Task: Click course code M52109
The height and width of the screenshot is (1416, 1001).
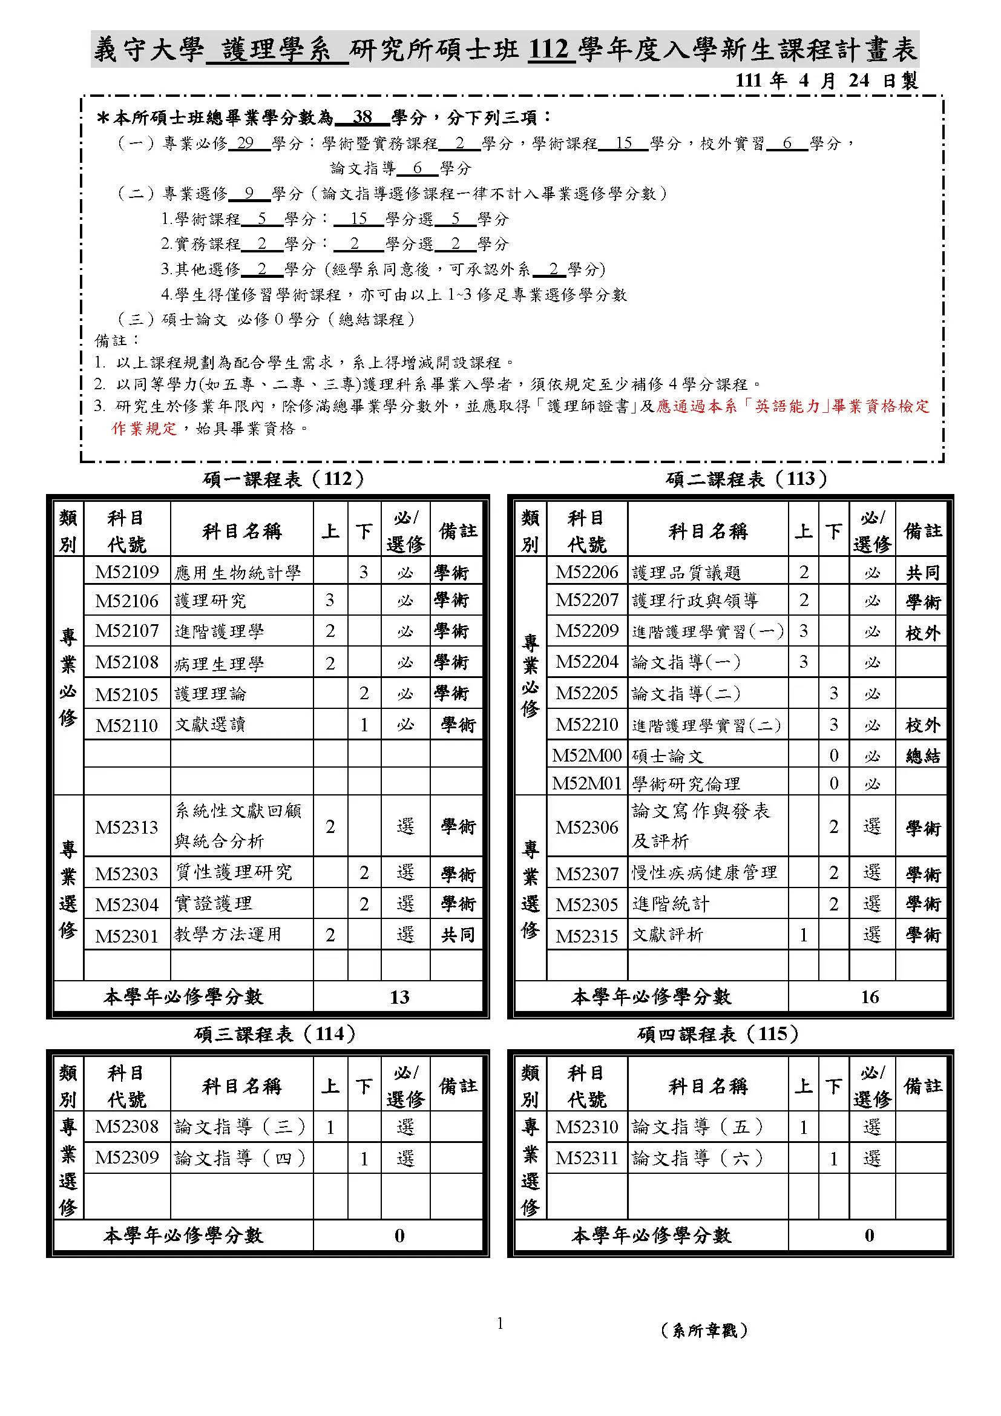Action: (x=127, y=572)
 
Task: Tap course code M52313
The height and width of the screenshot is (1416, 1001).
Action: (x=127, y=827)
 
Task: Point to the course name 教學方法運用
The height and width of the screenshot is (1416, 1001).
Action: (x=228, y=935)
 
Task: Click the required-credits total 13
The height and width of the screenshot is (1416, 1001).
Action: (x=399, y=997)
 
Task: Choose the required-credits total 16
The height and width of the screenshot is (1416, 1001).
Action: (x=869, y=997)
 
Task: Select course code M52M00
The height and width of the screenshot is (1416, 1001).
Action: (x=587, y=756)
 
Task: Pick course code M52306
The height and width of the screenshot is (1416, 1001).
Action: (x=587, y=827)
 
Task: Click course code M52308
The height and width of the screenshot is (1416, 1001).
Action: (x=127, y=1127)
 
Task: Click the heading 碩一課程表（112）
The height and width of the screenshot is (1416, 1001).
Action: (x=283, y=479)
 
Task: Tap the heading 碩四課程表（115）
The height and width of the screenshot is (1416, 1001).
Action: (x=718, y=1034)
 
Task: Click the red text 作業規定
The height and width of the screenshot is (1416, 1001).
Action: (x=144, y=429)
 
